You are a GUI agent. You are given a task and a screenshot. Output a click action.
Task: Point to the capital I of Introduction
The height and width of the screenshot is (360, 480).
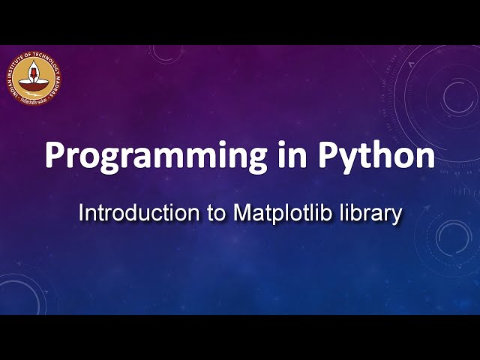click(82, 212)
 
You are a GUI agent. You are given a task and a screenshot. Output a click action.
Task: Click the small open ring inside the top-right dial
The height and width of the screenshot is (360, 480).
click(455, 95)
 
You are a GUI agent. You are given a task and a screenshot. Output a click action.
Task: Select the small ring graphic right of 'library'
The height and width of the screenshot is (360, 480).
click(452, 237)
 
